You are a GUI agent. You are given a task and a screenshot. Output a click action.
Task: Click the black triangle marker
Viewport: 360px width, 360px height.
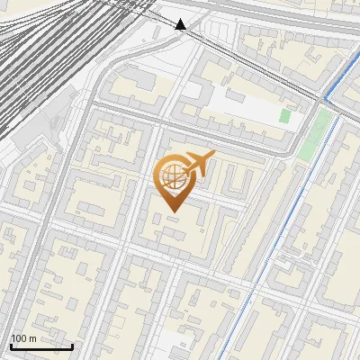pyautogui.click(x=181, y=24)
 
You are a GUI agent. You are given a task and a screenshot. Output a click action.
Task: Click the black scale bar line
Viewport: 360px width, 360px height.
pyautogui.click(x=41, y=346)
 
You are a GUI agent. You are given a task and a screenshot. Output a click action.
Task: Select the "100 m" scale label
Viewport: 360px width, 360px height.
pyautogui.click(x=24, y=338)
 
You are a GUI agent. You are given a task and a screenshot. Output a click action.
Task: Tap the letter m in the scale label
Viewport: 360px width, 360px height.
pyautogui.click(x=32, y=338)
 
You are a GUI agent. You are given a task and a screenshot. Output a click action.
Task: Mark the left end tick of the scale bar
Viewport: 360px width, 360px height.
pyautogui.click(x=10, y=345)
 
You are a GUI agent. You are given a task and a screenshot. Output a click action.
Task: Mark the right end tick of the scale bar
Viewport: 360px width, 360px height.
pyautogui.click(x=73, y=345)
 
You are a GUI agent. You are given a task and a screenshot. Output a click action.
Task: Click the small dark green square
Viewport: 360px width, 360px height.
pyautogui.click(x=285, y=116)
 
